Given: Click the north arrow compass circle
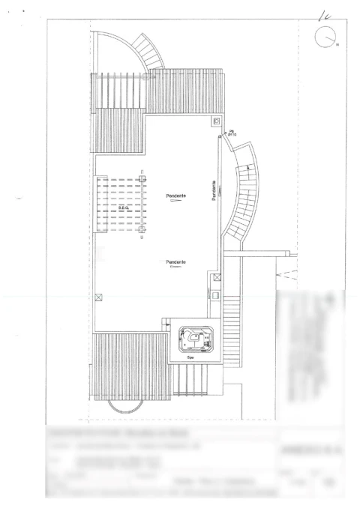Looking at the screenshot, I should [325, 37].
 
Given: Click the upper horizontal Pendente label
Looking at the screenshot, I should [176, 196].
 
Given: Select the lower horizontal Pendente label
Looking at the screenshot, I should [176, 261].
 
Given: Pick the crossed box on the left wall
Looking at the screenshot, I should [98, 297].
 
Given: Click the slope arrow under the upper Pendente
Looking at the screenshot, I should [176, 202].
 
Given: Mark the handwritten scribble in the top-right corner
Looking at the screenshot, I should [325, 13].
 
